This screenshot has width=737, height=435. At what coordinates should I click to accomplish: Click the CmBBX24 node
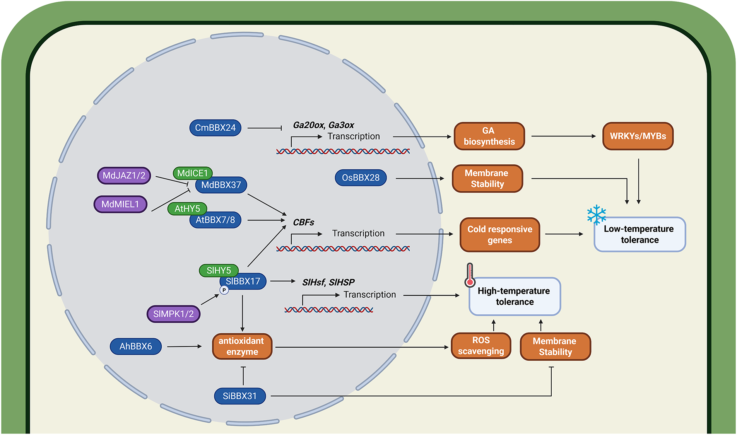click(x=215, y=128)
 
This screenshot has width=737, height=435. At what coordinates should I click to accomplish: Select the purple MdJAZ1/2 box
click(x=124, y=176)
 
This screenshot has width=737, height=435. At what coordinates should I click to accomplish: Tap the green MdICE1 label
click(x=192, y=173)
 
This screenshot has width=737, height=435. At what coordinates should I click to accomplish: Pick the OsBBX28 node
click(x=361, y=178)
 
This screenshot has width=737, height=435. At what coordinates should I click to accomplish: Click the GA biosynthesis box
click(x=489, y=136)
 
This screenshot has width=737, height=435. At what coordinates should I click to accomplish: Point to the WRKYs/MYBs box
click(x=638, y=136)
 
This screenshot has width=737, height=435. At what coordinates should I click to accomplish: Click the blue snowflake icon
click(x=596, y=215)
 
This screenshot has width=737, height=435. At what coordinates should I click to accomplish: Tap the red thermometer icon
click(x=470, y=275)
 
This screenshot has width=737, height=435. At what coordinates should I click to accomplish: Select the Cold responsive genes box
click(x=499, y=235)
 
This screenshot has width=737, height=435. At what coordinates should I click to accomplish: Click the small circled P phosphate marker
click(x=224, y=290)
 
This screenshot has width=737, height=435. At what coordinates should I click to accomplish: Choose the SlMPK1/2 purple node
click(x=173, y=314)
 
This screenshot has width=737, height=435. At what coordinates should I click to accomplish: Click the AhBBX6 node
click(x=135, y=346)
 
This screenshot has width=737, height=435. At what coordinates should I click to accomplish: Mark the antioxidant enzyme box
click(x=242, y=346)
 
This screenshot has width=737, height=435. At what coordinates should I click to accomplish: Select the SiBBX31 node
click(x=239, y=396)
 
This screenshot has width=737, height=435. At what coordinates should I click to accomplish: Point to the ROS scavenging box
click(x=481, y=346)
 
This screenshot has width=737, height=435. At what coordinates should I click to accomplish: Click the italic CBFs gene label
click(x=303, y=222)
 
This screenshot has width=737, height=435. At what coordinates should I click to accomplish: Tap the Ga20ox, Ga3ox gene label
click(x=323, y=125)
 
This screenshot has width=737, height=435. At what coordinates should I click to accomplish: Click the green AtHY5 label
click(x=187, y=209)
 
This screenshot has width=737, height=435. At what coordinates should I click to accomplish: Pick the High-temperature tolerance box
click(x=515, y=297)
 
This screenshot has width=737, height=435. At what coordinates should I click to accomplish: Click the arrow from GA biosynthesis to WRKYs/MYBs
click(x=563, y=136)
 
